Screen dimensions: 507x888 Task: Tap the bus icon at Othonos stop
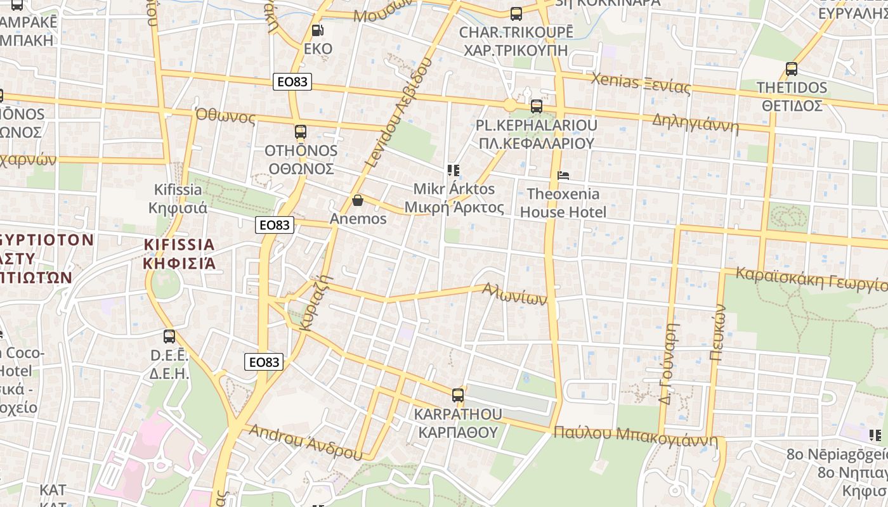coord(301,132)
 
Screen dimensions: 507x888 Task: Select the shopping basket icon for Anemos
coord(358,200)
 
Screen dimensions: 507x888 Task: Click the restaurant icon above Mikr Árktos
coord(454,170)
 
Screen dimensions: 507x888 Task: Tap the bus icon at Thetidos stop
coord(792,68)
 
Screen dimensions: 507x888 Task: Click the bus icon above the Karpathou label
coord(458,395)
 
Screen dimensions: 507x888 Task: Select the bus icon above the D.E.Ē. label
coord(169,337)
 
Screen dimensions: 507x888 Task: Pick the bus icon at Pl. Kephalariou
coord(537,106)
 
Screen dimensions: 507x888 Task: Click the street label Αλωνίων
coord(514,295)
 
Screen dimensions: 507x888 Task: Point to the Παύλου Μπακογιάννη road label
coord(635,435)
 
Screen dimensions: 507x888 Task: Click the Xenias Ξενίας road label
coord(641,83)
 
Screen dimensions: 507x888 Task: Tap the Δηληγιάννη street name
coord(695,123)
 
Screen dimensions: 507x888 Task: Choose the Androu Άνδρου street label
coord(305,442)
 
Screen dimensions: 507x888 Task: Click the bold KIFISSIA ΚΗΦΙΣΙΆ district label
coord(180,253)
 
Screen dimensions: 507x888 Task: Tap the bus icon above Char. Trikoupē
coord(516,13)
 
